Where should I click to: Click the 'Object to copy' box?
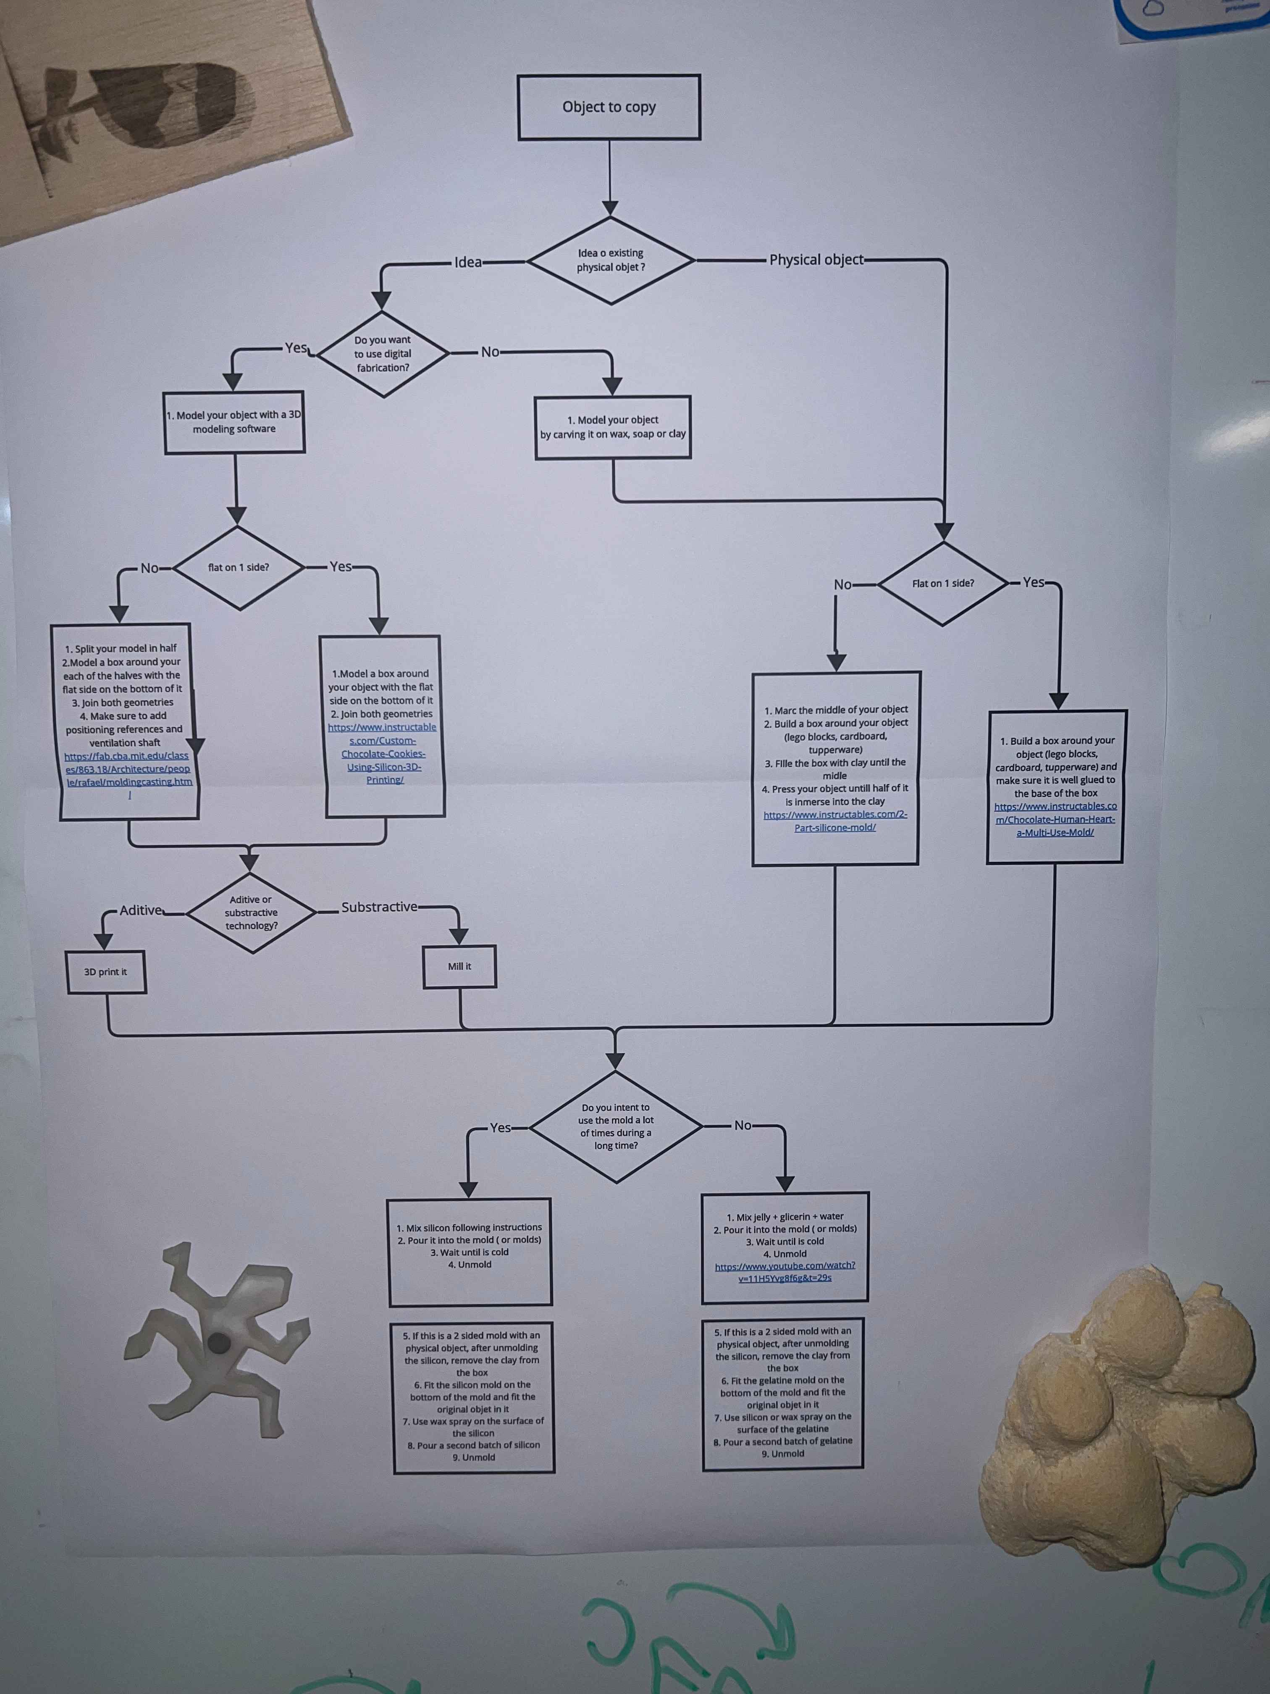609,107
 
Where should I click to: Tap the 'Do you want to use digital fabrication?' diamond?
383,354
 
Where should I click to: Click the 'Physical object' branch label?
816,260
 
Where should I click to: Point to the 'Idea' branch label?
468,262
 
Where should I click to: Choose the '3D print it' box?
106,972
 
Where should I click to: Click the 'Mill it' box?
459,966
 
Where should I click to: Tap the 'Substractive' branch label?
379,907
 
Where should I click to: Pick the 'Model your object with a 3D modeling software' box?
234,422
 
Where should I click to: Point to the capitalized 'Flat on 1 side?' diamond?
943,584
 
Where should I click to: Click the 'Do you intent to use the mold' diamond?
616,1126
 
